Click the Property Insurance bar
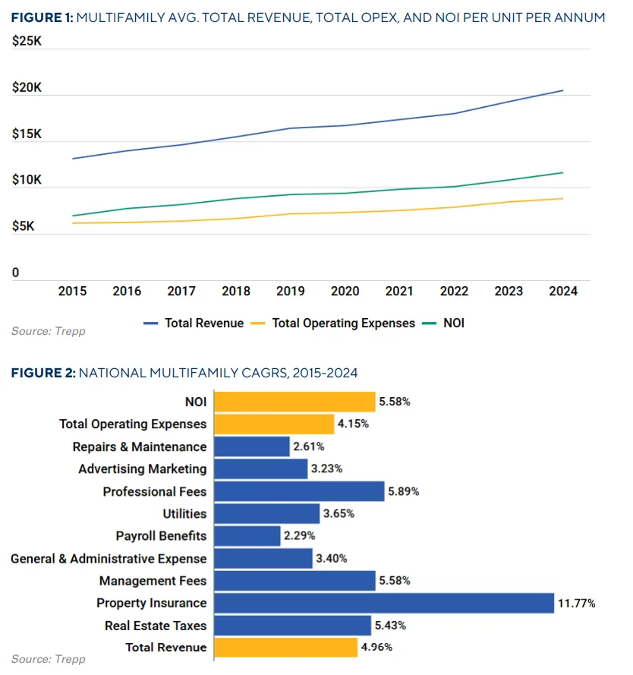pyautogui.click(x=384, y=603)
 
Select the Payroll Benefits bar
pyautogui.click(x=247, y=536)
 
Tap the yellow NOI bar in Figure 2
pyautogui.click(x=295, y=402)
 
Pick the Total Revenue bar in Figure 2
pyautogui.click(x=286, y=647)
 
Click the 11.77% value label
pyautogui.click(x=577, y=603)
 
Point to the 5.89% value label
pyautogui.click(x=404, y=491)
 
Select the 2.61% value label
pyautogui.click(x=308, y=446)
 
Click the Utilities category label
pyautogui.click(x=184, y=514)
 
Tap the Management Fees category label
pyautogui.click(x=153, y=581)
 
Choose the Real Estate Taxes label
pyautogui.click(x=156, y=625)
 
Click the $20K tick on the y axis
pyautogui.click(x=27, y=88)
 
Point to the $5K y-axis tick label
pyautogui.click(x=24, y=226)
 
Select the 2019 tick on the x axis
pyautogui.click(x=290, y=291)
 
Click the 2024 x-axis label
pyautogui.click(x=562, y=291)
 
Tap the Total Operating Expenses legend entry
pyautogui.click(x=343, y=323)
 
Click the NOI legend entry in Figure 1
pyautogui.click(x=453, y=323)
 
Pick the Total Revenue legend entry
pyautogui.click(x=204, y=323)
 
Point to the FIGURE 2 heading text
pyautogui.click(x=42, y=373)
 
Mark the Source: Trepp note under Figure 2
pyautogui.click(x=49, y=658)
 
